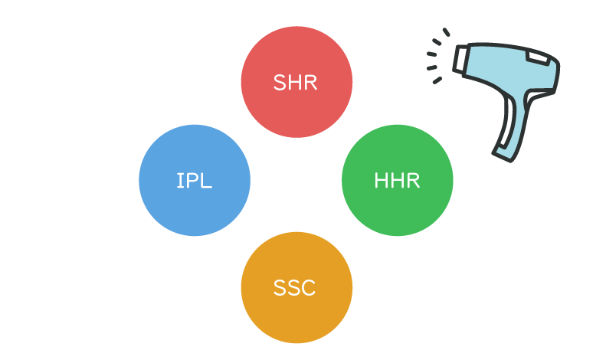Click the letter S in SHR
point(280,83)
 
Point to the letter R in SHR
point(310,83)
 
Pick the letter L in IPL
point(206,182)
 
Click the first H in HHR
point(382,182)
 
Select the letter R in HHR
point(412,182)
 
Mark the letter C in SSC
point(308,289)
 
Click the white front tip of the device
point(460,59)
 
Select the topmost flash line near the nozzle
point(446,32)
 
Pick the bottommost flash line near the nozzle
point(437,80)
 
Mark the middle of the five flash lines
point(431,54)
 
